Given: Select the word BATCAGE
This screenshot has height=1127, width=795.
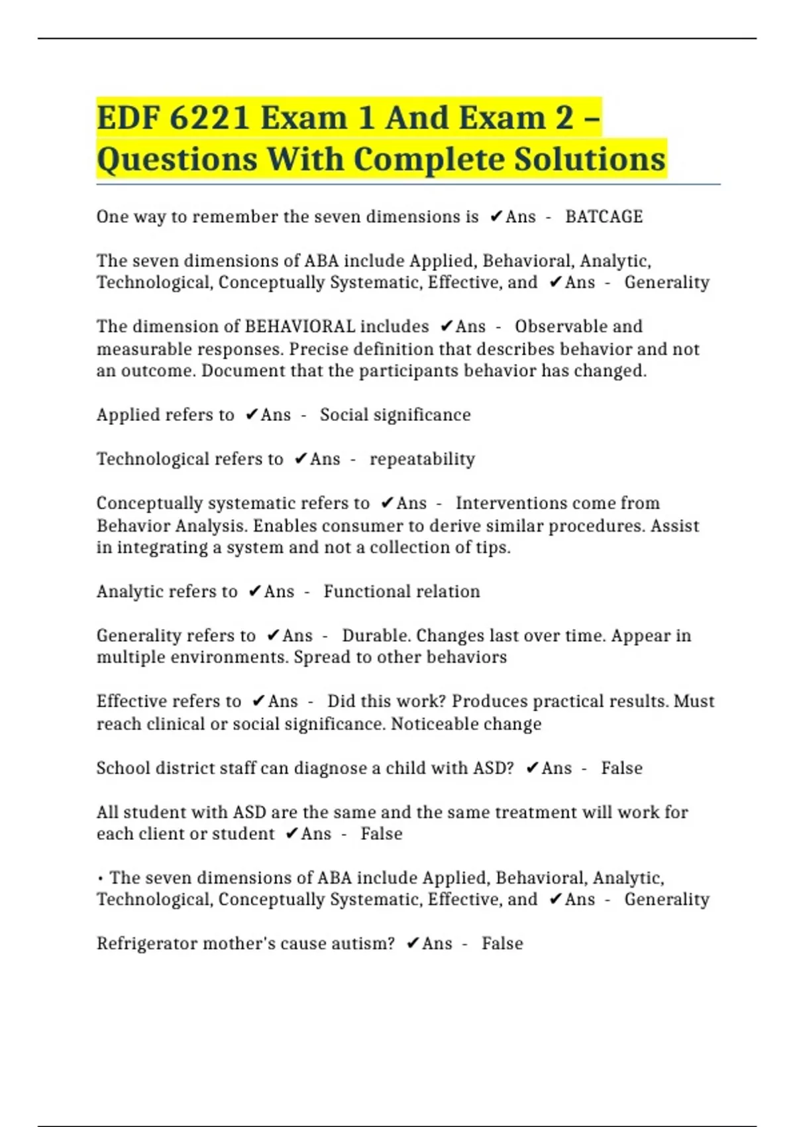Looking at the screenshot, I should pos(604,217).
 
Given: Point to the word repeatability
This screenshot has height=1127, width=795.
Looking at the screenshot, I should pos(422,459).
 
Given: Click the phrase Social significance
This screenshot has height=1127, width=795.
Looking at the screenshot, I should pos(395,415).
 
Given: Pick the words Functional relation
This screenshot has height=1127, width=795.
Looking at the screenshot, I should pos(401,591).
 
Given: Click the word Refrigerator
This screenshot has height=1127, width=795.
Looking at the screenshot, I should pos(146,943).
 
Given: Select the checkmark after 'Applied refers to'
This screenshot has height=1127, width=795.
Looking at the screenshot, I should pos(251,415).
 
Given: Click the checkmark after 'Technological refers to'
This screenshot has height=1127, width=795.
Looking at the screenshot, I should pos(300,459).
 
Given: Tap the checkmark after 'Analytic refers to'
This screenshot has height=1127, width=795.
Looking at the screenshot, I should pos(254,591).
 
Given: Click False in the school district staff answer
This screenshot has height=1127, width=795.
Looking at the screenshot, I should pos(621,768).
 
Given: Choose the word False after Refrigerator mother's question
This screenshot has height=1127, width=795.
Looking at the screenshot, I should pos(502,943).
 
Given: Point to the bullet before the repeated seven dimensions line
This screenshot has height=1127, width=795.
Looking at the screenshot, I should pos(100,879).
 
